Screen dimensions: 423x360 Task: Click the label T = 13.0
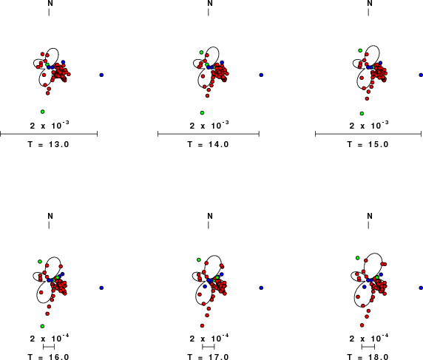[x=49, y=144]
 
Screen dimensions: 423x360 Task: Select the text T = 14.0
[x=209, y=144]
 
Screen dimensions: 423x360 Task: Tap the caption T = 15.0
[x=368, y=144]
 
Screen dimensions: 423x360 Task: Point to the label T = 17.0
[x=209, y=357]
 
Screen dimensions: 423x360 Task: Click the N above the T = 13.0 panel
[x=50, y=3]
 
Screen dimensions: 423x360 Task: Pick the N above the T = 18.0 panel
[x=370, y=216]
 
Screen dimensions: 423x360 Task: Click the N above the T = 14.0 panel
[x=210, y=3]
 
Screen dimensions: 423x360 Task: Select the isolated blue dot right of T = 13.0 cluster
[x=101, y=75]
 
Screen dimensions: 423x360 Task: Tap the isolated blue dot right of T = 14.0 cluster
[x=261, y=75]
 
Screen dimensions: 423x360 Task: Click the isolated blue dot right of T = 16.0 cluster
[x=101, y=288]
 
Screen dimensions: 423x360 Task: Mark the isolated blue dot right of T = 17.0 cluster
[x=261, y=288]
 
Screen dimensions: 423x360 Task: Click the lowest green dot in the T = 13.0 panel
[x=43, y=112]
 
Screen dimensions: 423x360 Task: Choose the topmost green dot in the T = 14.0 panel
[x=202, y=52]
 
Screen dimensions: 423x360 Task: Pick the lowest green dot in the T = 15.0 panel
[x=362, y=113]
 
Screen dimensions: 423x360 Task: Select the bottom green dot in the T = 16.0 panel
[x=42, y=326]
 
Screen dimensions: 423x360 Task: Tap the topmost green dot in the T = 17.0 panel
[x=199, y=259]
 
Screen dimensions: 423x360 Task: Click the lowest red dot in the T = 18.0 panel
[x=362, y=325]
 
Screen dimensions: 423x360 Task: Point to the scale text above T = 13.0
[x=50, y=125]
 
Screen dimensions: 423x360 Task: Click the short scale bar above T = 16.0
[x=49, y=347]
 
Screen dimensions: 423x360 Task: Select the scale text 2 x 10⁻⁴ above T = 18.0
[x=369, y=338]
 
